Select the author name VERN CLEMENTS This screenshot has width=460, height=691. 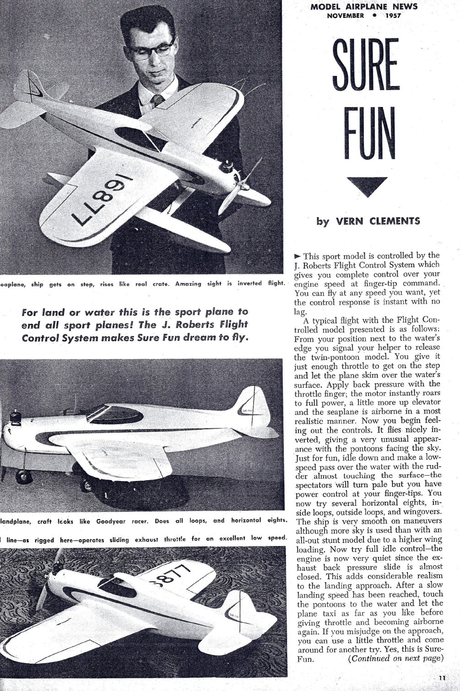(x=378, y=221)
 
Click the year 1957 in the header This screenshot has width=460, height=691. (x=393, y=16)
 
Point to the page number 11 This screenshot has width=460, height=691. (x=442, y=678)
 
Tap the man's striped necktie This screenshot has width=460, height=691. (x=157, y=100)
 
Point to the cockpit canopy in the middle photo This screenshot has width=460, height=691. (x=116, y=414)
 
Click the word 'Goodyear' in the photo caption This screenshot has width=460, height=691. (x=111, y=521)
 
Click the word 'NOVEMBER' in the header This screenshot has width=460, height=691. (x=346, y=16)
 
